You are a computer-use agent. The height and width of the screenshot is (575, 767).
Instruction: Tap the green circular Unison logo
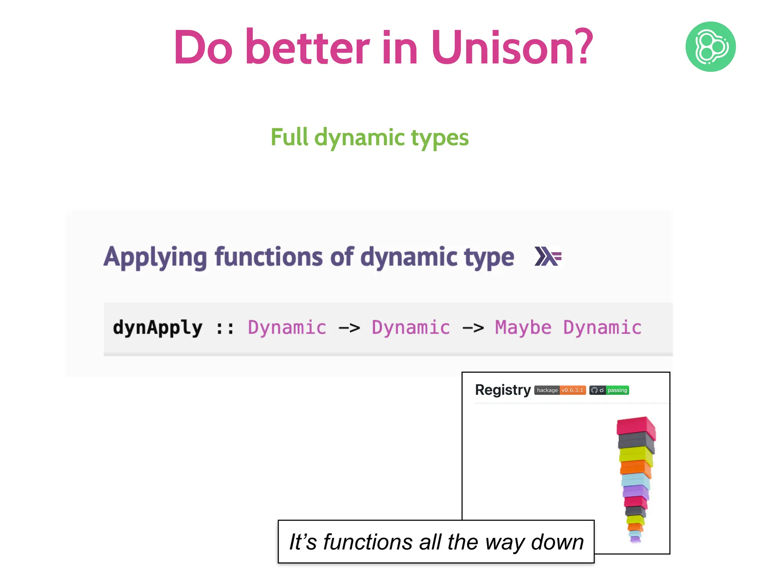(x=710, y=47)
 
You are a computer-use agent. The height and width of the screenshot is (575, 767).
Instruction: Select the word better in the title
(x=307, y=48)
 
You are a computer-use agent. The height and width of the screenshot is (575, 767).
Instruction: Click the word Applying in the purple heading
(x=155, y=258)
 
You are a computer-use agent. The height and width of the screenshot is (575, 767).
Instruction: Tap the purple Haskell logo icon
(x=548, y=256)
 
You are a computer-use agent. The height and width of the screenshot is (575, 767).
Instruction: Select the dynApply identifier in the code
(x=158, y=328)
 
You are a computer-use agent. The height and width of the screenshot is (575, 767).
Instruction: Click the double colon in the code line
(x=225, y=328)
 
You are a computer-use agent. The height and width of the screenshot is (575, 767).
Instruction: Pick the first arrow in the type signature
(x=349, y=328)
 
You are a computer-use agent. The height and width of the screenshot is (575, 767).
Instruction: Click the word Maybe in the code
(x=523, y=328)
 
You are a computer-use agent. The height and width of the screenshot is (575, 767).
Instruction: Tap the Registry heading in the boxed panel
(x=503, y=390)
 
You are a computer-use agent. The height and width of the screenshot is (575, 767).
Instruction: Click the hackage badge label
(x=547, y=390)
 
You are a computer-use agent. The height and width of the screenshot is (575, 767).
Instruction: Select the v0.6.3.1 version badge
(x=572, y=390)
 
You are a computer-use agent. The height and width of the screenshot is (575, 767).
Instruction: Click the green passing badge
(x=617, y=390)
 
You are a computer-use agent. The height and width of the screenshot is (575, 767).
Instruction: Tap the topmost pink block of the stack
(x=636, y=426)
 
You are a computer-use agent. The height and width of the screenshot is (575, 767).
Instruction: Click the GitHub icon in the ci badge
(x=594, y=390)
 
